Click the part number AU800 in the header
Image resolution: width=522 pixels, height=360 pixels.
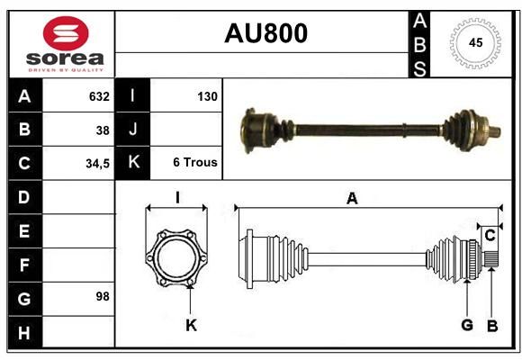(x=265, y=33)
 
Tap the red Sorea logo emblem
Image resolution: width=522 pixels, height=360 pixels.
(x=66, y=33)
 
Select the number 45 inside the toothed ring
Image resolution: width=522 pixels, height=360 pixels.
(x=475, y=42)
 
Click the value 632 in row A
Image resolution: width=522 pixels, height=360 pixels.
(x=99, y=96)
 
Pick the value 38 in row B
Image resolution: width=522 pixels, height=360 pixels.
(x=103, y=130)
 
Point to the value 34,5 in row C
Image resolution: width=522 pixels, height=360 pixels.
(x=97, y=164)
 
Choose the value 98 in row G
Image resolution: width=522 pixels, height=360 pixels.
(x=103, y=296)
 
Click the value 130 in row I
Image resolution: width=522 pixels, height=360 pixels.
(x=207, y=96)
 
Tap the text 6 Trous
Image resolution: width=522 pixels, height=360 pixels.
(x=195, y=162)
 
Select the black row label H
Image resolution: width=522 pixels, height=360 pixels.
(x=24, y=332)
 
